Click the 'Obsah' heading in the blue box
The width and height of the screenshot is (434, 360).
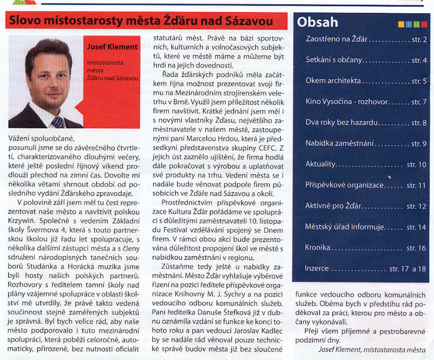pos(318,22)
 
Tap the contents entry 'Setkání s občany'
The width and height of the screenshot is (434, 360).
pos(333,60)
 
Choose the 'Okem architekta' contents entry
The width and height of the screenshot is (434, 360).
pos(333,81)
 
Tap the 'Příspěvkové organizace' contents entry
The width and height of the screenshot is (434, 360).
pos(345,185)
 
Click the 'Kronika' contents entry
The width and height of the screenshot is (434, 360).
pos(318,248)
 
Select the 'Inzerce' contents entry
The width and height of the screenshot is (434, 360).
pos(317,268)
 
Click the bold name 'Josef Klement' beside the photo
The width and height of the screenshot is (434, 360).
pos(112,46)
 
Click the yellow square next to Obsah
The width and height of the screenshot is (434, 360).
pos(401,24)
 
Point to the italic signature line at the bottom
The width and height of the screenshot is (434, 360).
pos(372,349)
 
